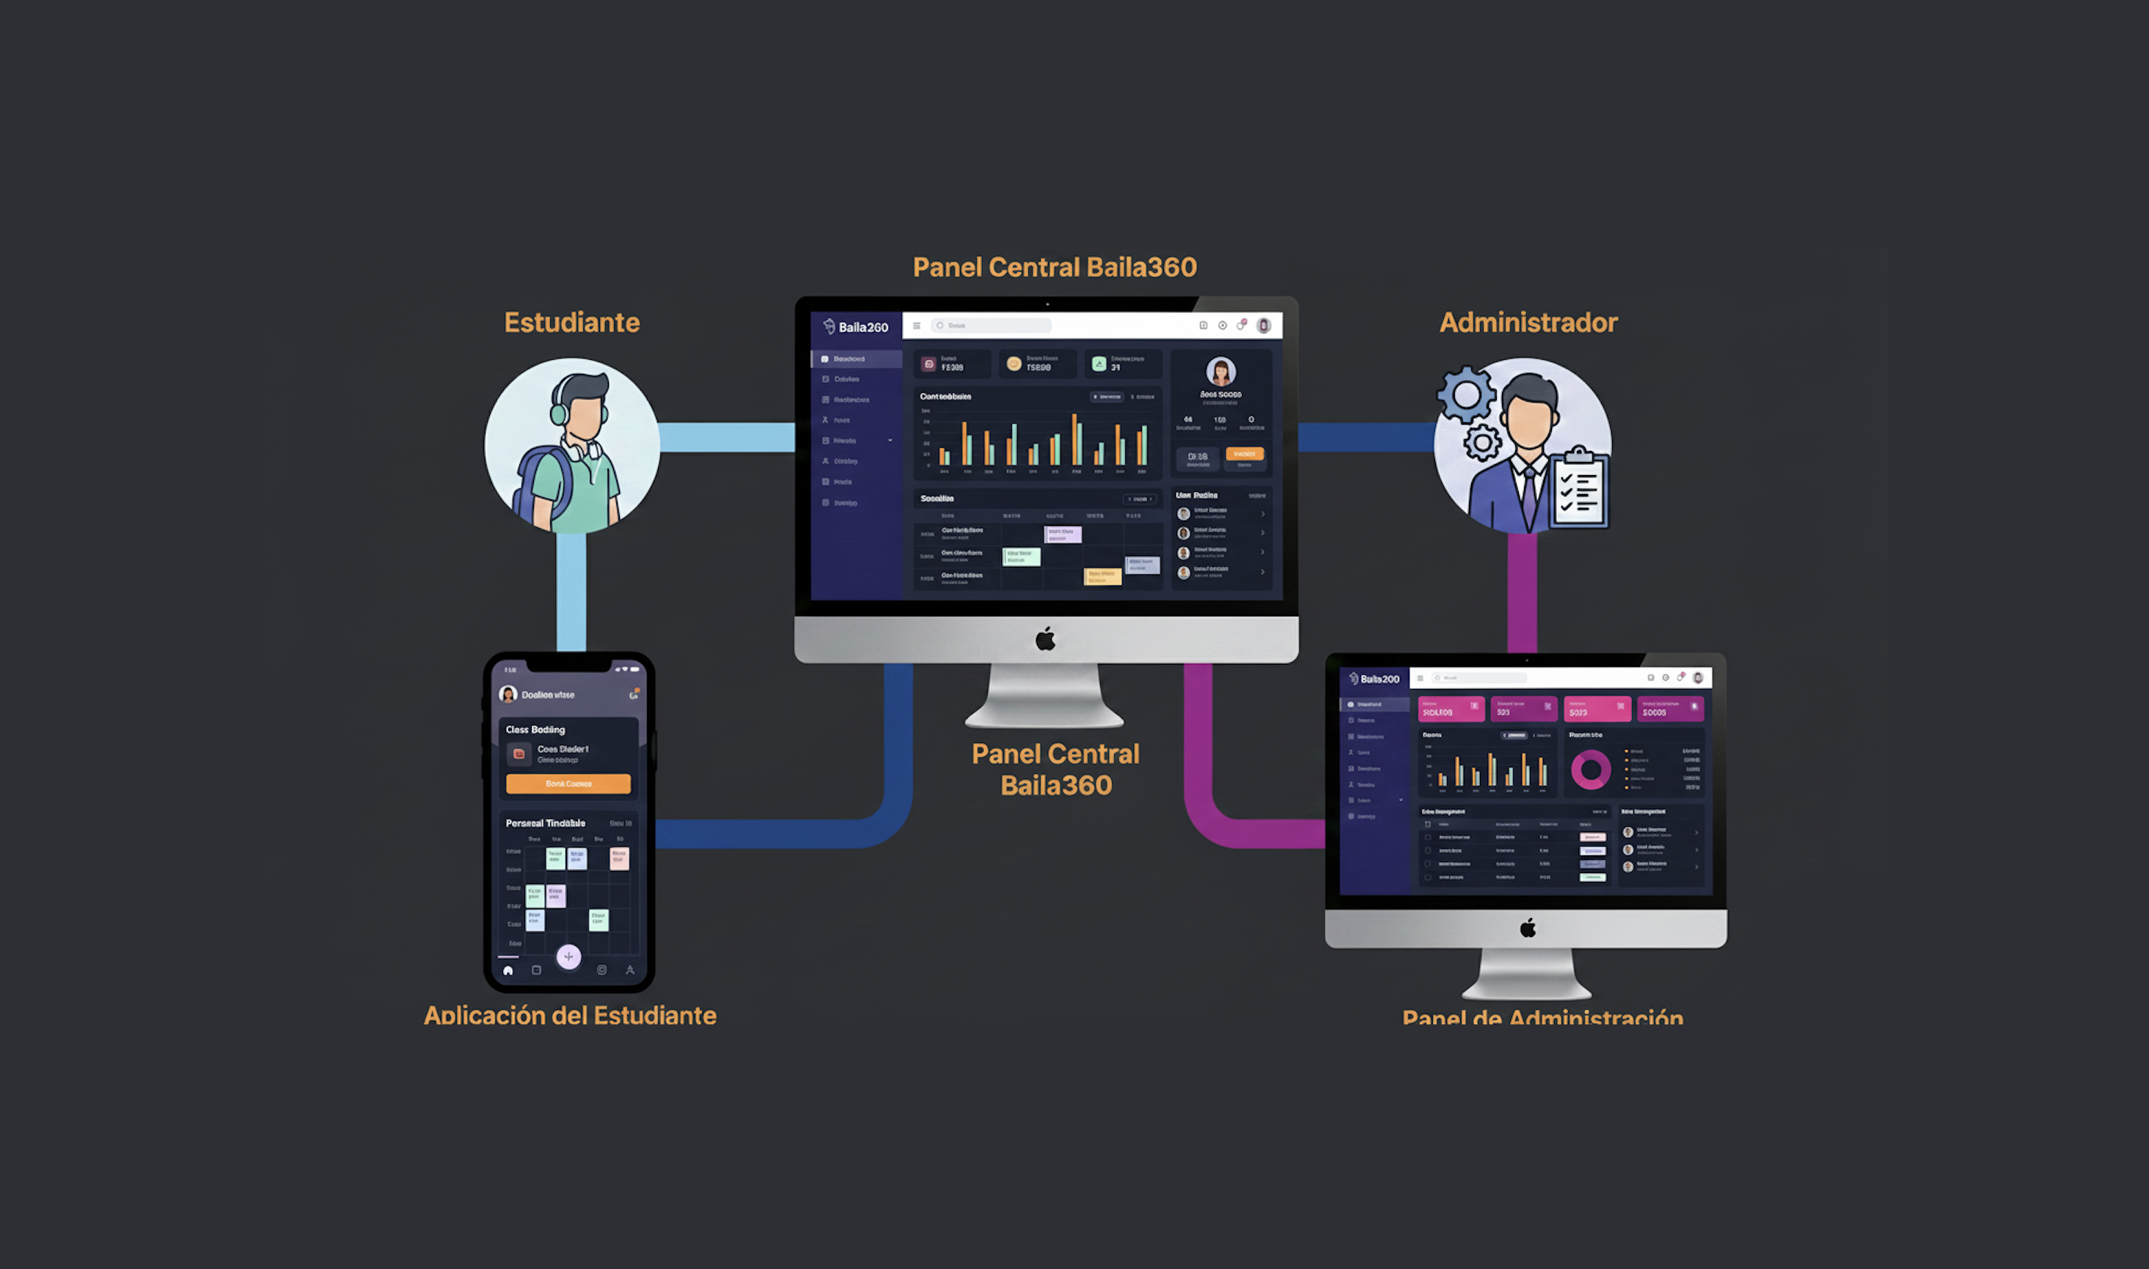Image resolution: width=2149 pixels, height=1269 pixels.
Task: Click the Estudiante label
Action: pos(571,322)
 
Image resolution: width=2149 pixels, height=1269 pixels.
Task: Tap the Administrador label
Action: pos(1528,322)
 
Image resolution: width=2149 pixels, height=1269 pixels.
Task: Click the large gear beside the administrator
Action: pos(1466,394)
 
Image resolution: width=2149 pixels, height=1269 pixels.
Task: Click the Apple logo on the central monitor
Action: pos(1045,639)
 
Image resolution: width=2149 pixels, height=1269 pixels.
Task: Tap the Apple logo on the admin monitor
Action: pos(1528,928)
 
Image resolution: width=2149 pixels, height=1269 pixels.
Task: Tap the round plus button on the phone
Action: pos(568,956)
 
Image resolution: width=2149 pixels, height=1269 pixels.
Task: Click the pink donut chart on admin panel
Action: pos(1591,770)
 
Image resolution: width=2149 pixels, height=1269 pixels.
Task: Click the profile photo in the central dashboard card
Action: pos(1221,372)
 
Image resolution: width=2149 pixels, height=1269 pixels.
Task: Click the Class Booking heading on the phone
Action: pos(535,729)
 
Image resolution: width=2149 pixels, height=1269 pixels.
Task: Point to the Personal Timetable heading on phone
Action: pos(546,822)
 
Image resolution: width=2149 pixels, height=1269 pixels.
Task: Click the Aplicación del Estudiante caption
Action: pos(571,1015)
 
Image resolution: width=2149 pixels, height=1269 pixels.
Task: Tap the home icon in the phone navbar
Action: pos(508,971)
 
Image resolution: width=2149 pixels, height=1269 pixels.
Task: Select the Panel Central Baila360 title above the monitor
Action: pos(1055,267)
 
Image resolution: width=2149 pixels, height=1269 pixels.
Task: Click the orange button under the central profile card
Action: pos(1243,455)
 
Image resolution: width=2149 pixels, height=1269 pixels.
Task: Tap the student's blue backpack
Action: pos(541,483)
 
